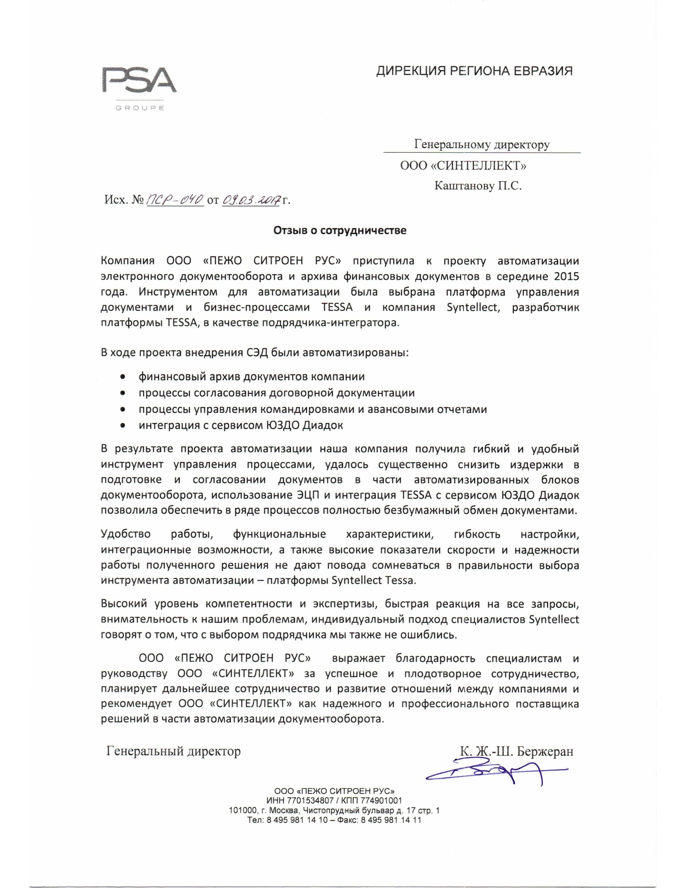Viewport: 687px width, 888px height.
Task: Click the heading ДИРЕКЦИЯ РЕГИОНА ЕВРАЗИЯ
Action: [x=474, y=71]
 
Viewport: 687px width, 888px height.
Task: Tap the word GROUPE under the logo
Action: [x=139, y=109]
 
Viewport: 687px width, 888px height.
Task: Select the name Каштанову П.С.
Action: [x=478, y=186]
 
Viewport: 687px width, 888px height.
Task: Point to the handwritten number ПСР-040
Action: [x=175, y=200]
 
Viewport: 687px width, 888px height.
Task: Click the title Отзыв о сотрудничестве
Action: [x=340, y=231]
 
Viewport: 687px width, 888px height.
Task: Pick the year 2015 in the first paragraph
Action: [x=566, y=276]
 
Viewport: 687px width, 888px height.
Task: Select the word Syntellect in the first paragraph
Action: [x=472, y=308]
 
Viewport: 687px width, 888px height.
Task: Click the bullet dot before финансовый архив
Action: [x=122, y=377]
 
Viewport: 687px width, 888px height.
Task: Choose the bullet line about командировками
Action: [x=312, y=409]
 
